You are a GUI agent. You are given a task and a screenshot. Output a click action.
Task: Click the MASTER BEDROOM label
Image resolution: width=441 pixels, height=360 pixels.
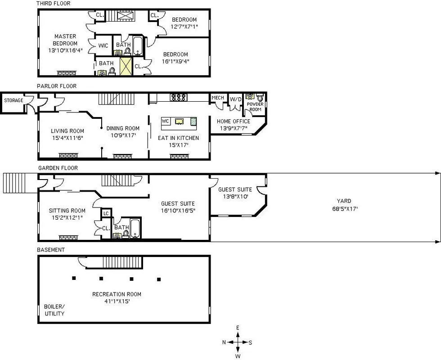65,40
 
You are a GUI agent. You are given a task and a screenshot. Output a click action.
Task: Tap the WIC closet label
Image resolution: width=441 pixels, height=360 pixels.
103,45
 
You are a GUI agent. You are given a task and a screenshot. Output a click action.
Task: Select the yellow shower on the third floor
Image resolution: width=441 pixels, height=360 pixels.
126,66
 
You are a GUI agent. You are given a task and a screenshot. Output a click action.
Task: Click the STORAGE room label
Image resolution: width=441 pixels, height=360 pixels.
13,100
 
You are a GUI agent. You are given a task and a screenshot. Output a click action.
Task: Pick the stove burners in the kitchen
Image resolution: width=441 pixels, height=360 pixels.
178,97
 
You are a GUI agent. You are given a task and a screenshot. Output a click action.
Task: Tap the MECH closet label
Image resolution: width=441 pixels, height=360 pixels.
217,98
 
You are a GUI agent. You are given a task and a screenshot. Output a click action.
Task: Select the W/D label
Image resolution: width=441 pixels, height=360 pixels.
235,99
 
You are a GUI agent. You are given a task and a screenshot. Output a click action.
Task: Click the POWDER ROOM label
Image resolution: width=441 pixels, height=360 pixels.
255,107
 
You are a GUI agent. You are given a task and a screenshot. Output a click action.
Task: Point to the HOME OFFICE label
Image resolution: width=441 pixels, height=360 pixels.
233,121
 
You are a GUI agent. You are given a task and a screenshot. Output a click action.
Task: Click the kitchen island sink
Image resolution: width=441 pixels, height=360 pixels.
179,121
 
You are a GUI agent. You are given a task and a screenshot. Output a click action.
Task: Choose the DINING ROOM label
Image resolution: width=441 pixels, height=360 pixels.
123,128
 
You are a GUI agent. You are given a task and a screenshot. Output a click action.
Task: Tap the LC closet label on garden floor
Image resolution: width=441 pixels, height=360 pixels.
106,213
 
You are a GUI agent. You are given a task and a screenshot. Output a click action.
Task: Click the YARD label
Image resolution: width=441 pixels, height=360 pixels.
344,201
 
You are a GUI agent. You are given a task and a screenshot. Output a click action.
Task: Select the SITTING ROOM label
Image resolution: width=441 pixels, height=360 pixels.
67,211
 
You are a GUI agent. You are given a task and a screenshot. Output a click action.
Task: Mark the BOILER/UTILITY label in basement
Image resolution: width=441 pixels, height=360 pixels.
54,310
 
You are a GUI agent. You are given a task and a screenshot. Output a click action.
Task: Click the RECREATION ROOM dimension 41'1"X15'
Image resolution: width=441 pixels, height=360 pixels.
117,301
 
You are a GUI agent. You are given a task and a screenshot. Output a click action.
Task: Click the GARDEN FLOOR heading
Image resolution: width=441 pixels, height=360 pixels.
58,168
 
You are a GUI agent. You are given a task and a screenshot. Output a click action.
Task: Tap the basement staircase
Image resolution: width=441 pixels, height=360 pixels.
122,262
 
